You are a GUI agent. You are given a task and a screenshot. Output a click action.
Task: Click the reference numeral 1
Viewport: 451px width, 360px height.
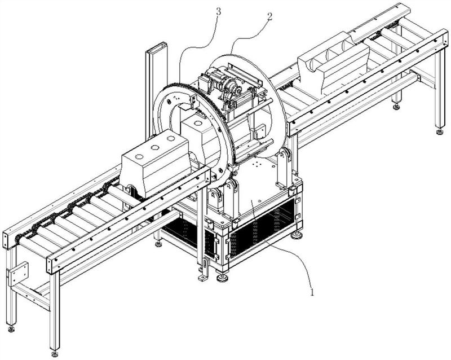pyautogui.click(x=312, y=292)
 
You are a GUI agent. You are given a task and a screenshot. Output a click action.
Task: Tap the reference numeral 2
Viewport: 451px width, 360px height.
pyautogui.click(x=269, y=17)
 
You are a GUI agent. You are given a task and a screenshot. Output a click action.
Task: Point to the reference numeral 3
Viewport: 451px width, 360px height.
pyautogui.click(x=218, y=12)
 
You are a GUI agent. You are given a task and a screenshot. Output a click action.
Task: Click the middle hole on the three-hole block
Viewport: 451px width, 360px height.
pyautogui.click(x=155, y=148)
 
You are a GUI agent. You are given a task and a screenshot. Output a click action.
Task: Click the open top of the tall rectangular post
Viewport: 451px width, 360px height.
pyautogui.click(x=157, y=47)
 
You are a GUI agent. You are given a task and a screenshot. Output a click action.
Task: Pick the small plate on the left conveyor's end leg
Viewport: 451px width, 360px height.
pyautogui.click(x=18, y=274)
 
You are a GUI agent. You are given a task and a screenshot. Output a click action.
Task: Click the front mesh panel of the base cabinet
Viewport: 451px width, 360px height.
pyautogui.click(x=262, y=227)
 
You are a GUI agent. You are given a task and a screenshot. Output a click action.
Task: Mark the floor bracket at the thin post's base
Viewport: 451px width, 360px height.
pyautogui.click(x=204, y=276)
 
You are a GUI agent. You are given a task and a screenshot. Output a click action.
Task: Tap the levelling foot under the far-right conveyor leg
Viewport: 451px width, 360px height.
pyautogui.click(x=439, y=132)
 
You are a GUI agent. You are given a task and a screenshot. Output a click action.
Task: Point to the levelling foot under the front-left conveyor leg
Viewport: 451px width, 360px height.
pyautogui.click(x=54, y=353)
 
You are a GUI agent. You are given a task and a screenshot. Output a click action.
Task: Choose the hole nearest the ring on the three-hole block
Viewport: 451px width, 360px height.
pyautogui.click(x=171, y=139)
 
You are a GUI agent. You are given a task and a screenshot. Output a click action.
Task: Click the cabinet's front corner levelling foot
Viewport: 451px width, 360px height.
pyautogui.click(x=222, y=278)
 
